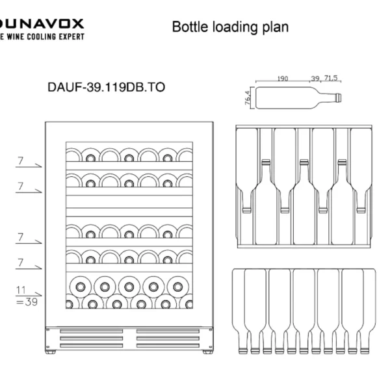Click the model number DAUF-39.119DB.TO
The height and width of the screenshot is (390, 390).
tap(102, 86)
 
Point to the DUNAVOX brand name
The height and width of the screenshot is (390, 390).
tap(42, 23)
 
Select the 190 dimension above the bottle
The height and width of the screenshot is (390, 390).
tap(282, 79)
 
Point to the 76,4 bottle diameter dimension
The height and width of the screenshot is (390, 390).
tap(248, 97)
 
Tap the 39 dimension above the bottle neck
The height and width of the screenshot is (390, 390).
tap(315, 79)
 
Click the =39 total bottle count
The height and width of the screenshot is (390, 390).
tap(25, 302)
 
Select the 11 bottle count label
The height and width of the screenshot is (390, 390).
tap(21, 291)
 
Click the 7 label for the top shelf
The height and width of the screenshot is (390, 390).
tap(21, 161)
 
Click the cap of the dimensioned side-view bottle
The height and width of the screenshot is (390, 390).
tap(339, 97)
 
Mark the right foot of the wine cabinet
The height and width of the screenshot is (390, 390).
tap(207, 352)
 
